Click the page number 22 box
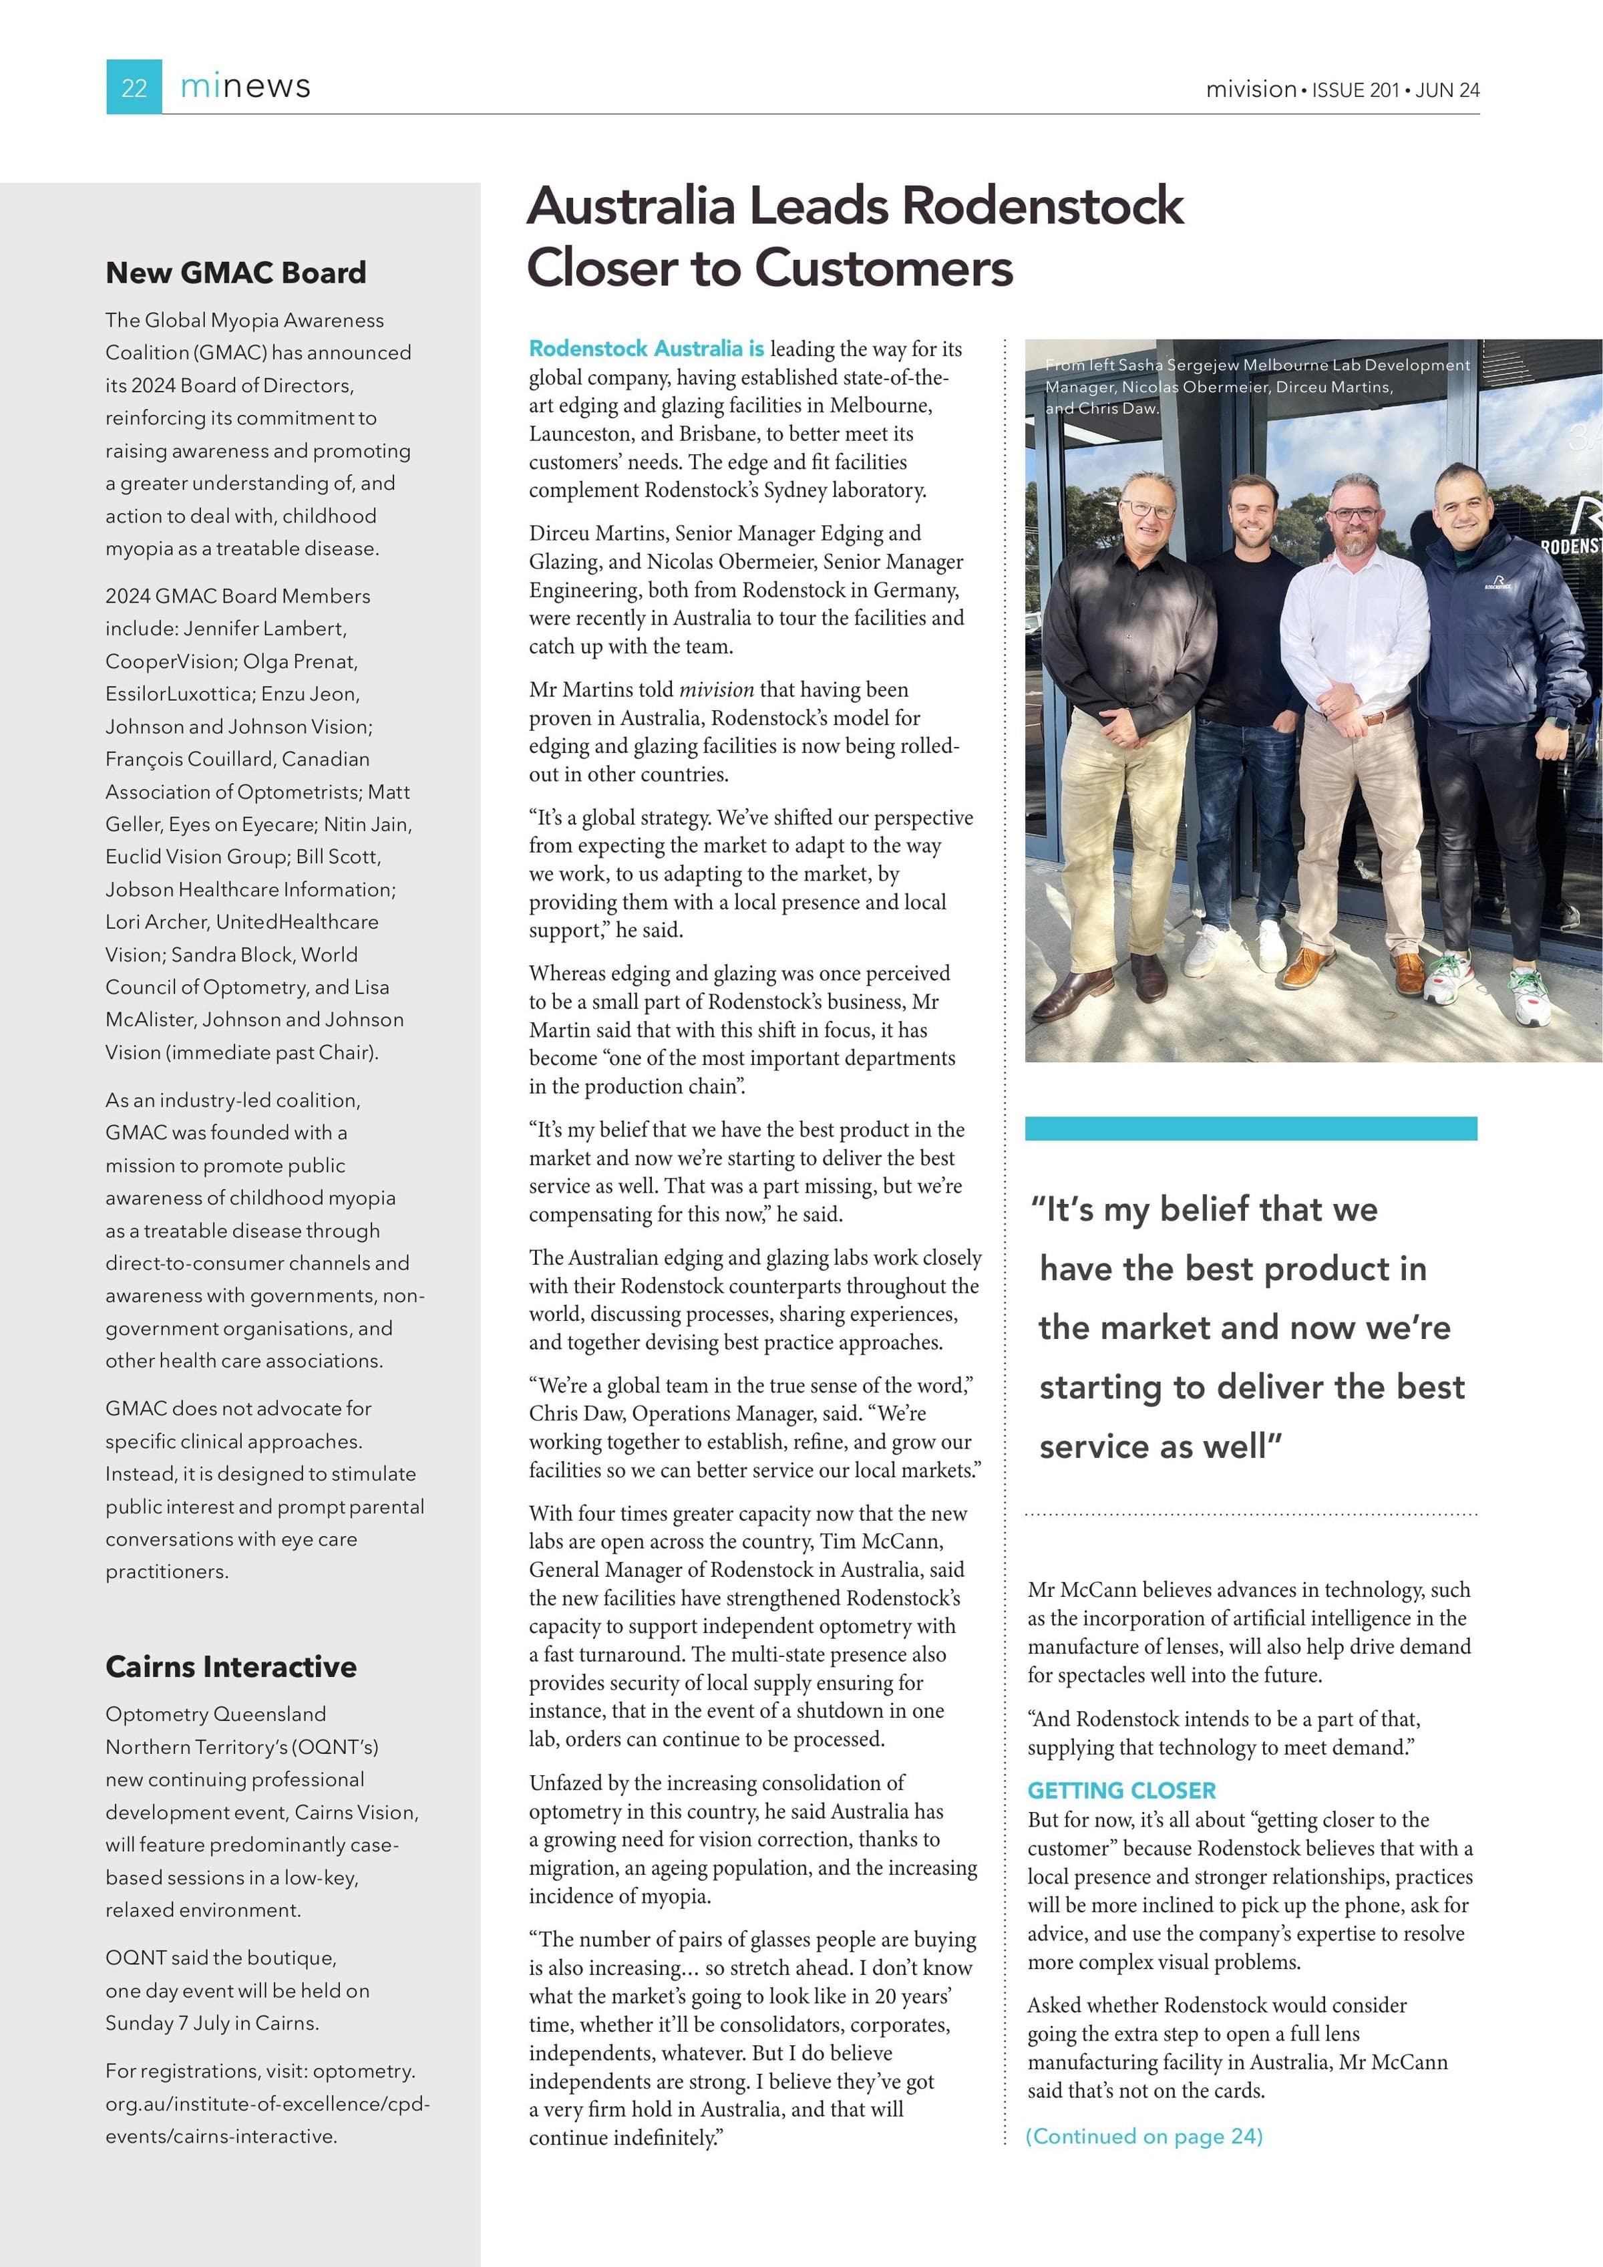tap(134, 87)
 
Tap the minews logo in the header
tap(245, 87)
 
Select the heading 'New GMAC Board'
tap(236, 273)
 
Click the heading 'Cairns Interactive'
tap(231, 1667)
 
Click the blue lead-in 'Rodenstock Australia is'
tap(647, 349)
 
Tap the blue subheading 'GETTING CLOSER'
tap(1121, 1790)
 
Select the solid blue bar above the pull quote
tap(1250, 1128)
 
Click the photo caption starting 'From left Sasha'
tap(1256, 386)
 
